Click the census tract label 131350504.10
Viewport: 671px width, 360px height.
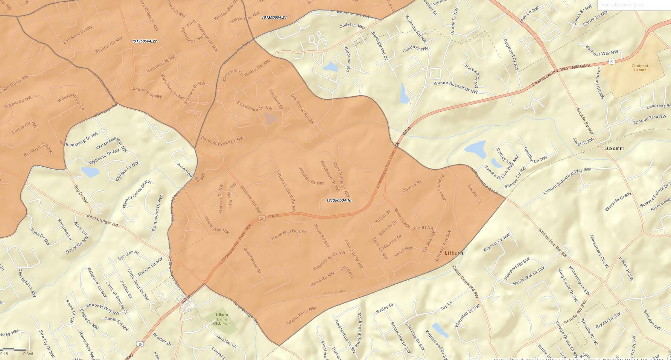(339, 200)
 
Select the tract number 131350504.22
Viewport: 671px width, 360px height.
(145, 41)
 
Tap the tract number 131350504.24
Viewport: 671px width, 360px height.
(274, 18)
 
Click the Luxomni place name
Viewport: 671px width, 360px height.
(614, 148)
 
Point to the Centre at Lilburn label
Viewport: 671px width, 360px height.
(639, 68)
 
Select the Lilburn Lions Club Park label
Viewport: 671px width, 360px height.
(222, 319)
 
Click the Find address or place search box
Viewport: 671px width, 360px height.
(634, 5)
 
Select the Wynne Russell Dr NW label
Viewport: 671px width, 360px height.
(455, 87)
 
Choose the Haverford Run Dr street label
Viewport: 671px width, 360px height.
(289, 234)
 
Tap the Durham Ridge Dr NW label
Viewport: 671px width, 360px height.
(222, 139)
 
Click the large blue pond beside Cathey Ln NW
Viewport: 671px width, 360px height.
(475, 147)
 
